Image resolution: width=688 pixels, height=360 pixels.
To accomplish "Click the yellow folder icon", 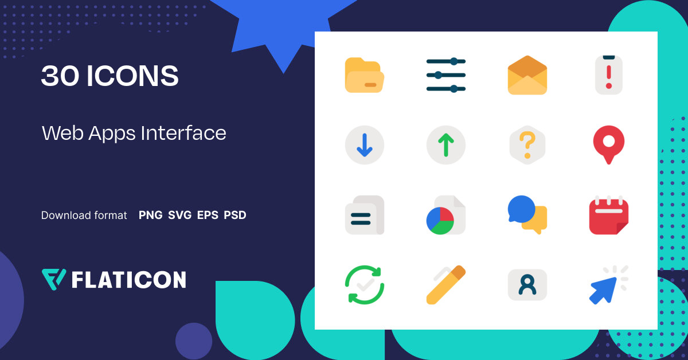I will click(364, 75).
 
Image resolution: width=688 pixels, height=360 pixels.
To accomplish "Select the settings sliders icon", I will click(446, 75).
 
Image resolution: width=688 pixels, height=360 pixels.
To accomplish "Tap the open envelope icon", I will click(527, 75).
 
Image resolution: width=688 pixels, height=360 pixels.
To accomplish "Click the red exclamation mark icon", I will click(609, 75).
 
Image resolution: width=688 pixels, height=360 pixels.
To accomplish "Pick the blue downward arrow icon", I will click(364, 145).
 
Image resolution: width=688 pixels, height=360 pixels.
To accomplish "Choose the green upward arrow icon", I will click(446, 145).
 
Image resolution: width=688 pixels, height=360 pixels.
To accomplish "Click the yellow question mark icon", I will click(527, 145).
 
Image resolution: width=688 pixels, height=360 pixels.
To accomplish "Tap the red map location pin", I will click(609, 143).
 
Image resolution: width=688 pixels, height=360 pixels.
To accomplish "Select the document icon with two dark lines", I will click(364, 215).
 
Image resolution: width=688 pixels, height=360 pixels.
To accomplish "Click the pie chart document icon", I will click(446, 216).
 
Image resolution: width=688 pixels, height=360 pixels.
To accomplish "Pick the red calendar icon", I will click(609, 215).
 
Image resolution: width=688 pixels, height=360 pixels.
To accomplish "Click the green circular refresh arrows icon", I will click(364, 284).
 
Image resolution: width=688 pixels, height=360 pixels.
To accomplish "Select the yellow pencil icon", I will click(446, 284).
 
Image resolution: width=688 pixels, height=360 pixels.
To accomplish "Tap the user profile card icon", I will click(527, 284).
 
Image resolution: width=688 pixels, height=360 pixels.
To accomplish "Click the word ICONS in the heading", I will click(132, 76).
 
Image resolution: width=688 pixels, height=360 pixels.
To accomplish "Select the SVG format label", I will click(179, 216).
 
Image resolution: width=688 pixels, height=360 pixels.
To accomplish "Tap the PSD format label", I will click(235, 216).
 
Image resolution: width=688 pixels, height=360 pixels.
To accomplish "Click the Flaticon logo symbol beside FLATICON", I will click(54, 279).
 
